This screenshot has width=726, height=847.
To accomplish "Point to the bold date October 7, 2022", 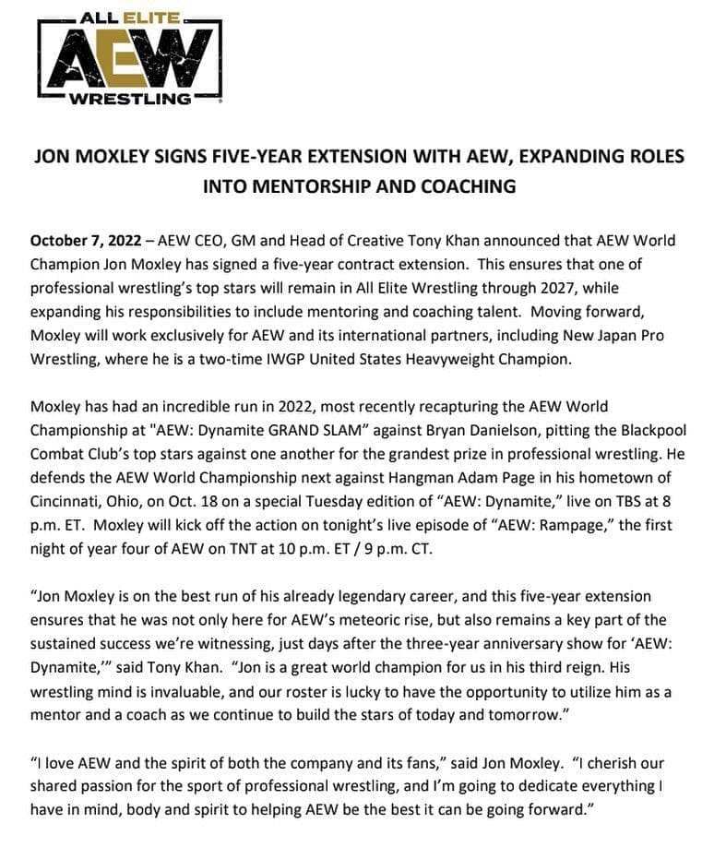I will [x=86, y=240].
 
